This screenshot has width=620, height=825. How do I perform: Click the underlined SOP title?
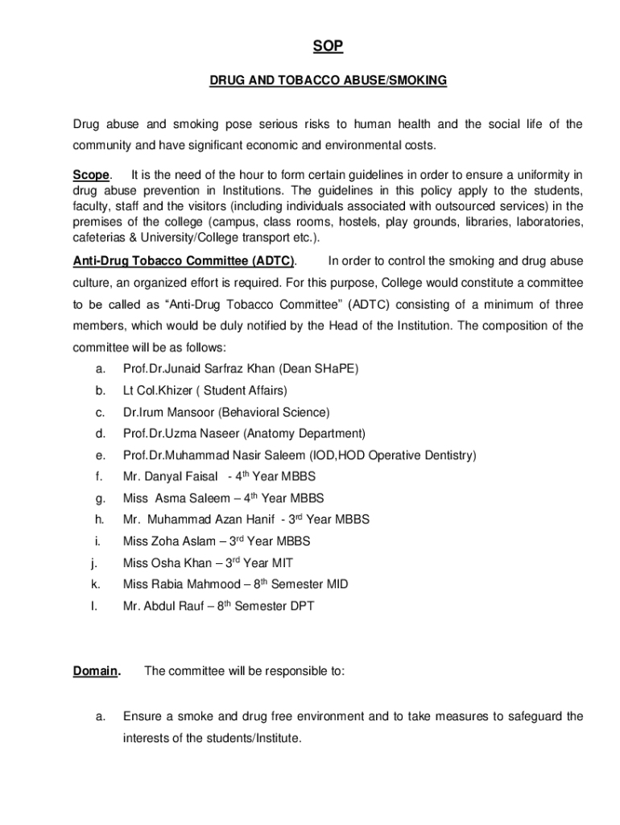point(328,48)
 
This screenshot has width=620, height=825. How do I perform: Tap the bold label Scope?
point(90,175)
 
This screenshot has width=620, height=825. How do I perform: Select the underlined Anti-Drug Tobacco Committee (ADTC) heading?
point(184,261)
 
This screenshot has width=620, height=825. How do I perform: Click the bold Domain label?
point(96,670)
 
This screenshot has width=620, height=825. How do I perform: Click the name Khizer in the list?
point(176,390)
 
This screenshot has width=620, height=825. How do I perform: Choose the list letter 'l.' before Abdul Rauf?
point(94,606)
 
